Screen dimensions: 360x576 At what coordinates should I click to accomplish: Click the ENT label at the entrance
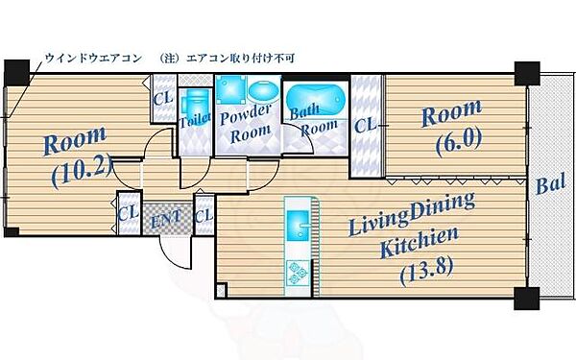click(x=160, y=220)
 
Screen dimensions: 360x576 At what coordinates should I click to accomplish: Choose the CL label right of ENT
click(x=203, y=214)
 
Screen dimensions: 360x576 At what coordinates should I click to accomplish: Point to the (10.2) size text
click(x=81, y=176)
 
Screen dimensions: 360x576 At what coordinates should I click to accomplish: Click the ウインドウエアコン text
click(x=92, y=59)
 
